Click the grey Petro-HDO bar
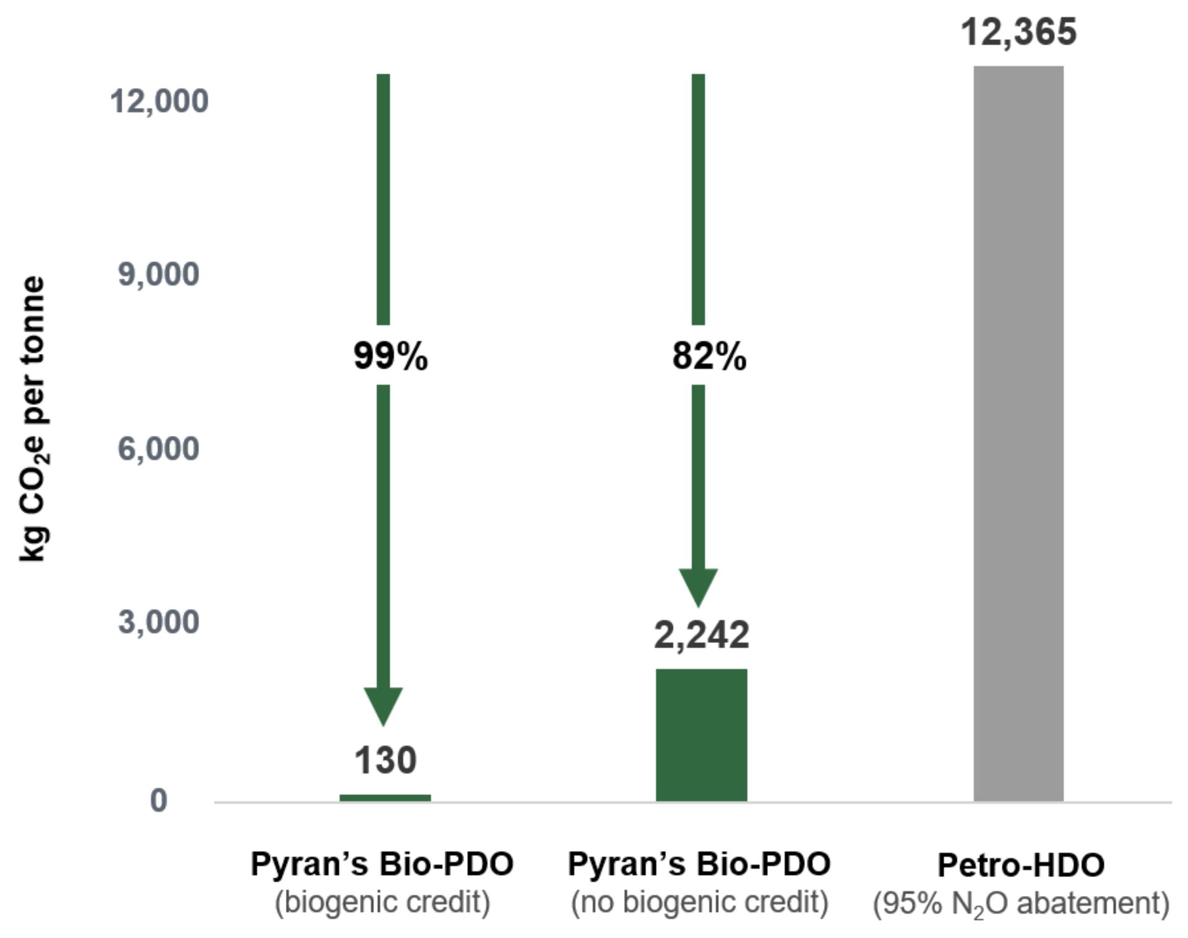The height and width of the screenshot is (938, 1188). pos(1018,433)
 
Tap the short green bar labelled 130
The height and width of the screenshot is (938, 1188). pos(385,798)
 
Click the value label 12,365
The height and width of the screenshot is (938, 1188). pos(1018,32)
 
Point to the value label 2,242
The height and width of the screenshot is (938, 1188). pos(701,635)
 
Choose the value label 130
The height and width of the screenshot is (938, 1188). pos(385,760)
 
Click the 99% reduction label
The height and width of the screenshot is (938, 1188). pos(390,357)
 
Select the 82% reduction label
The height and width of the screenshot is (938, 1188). pos(709,357)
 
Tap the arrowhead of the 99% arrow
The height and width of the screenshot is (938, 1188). pos(384,705)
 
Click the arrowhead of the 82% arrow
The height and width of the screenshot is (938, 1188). pos(699,586)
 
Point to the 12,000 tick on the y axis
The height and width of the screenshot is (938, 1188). pos(159,101)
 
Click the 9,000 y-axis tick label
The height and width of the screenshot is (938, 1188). pos(159,274)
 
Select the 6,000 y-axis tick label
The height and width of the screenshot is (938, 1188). pos(159,448)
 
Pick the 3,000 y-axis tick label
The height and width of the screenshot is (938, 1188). pos(159,621)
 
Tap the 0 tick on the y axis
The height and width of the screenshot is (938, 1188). pos(158,800)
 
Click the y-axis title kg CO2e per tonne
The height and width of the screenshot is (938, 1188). pos(33,419)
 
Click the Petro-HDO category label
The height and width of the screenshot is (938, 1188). pos(1021,864)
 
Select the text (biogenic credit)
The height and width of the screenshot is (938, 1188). pos(382,902)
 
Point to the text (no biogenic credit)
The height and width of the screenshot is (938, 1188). pos(699,902)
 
